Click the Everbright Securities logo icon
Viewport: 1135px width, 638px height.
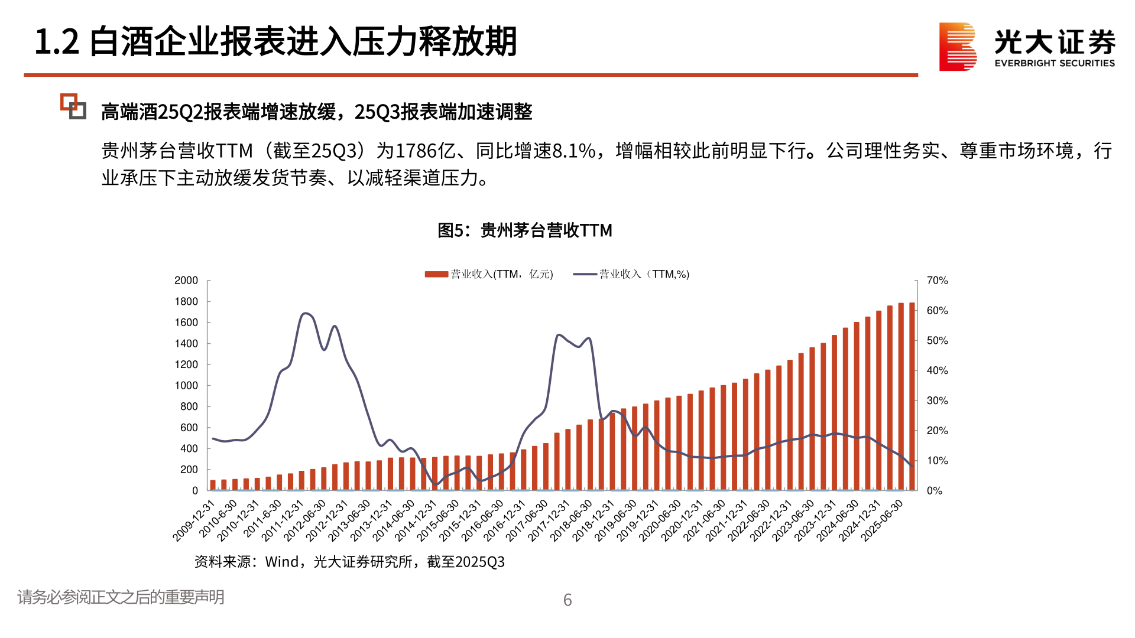tap(958, 46)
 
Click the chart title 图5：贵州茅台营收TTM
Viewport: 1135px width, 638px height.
tap(524, 230)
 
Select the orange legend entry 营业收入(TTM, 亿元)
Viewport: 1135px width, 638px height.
tap(489, 274)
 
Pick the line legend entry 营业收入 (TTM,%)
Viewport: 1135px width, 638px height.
tap(631, 274)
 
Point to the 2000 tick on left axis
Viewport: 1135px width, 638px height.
tap(186, 281)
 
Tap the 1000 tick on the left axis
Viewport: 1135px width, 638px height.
tap(186, 386)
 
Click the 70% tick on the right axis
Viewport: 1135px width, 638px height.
tap(937, 281)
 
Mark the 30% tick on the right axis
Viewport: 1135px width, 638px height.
tap(937, 401)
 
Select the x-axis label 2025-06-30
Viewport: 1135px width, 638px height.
tap(882, 521)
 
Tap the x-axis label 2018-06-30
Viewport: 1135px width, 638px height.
tap(571, 521)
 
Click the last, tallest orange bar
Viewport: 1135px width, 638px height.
tap(912, 396)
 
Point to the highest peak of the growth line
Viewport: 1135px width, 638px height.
tap(305, 314)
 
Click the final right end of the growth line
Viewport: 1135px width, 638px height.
tap(912, 466)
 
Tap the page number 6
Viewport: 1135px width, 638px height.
tap(567, 600)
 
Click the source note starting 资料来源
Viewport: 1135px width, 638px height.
tap(349, 562)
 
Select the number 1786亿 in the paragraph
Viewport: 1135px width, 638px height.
tap(425, 151)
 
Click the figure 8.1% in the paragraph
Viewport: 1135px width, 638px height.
tap(573, 151)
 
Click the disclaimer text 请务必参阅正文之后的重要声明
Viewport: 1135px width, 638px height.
tap(121, 597)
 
